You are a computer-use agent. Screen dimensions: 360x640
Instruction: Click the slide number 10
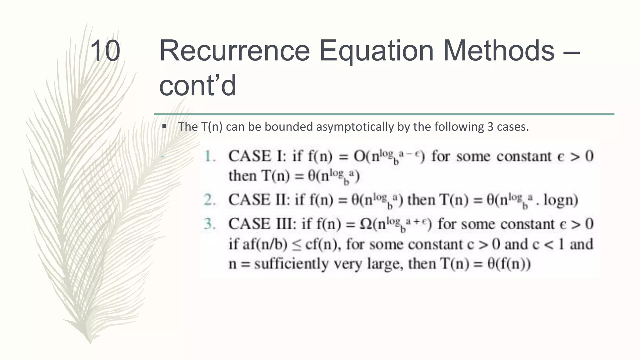pos(105,51)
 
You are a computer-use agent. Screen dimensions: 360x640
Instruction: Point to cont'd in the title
pos(197,86)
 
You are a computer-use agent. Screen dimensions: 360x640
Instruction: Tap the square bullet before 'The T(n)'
pos(164,126)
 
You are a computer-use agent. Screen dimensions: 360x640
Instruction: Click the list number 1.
pos(210,156)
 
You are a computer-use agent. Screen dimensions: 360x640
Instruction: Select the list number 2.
pos(210,200)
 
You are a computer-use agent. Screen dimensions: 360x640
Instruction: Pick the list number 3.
pos(210,224)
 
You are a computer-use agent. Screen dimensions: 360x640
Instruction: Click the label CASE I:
pos(257,156)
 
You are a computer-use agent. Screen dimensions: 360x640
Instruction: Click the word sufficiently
pos(291,264)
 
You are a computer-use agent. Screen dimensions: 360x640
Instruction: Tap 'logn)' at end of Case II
pos(561,200)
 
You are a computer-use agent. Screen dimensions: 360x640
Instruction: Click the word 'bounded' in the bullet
pos(289,127)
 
